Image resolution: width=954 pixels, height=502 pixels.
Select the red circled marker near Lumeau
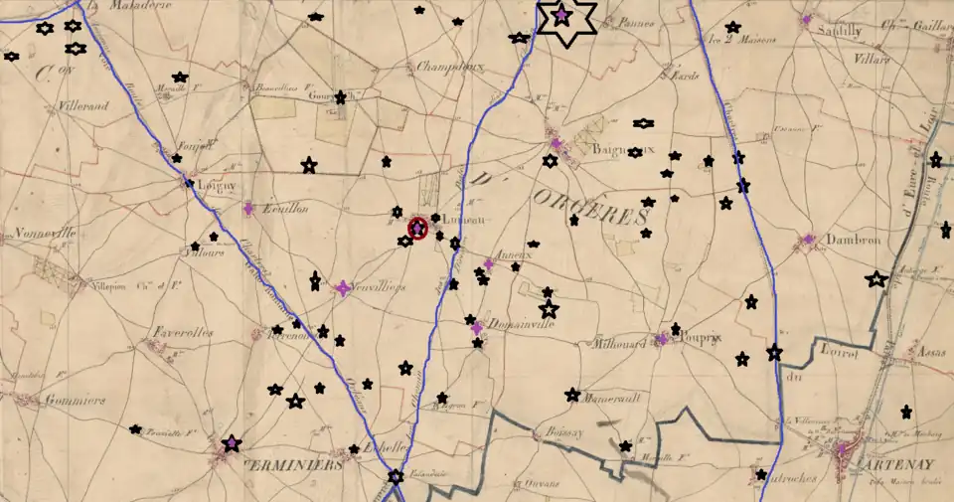coord(417,228)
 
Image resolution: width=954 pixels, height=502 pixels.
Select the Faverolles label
coord(183,333)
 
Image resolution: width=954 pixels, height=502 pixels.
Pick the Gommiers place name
coord(75,401)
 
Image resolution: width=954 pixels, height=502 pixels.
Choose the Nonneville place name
coord(46,235)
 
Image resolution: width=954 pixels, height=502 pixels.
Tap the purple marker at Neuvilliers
coord(343,287)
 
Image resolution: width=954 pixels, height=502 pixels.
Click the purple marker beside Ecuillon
coord(248,209)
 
